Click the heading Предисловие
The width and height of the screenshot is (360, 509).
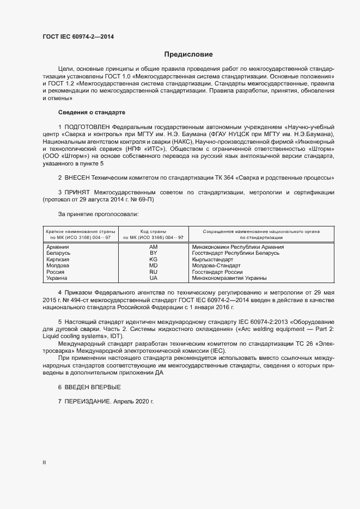click(x=188, y=54)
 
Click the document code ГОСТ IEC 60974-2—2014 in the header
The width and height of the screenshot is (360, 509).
click(x=78, y=37)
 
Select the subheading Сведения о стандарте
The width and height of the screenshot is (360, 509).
click(x=91, y=112)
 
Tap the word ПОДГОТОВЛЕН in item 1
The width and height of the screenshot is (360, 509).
click(x=90, y=126)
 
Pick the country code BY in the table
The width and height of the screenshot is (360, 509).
click(x=153, y=253)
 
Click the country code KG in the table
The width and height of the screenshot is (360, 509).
click(x=153, y=260)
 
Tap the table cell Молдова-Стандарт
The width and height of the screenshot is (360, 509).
click(x=216, y=266)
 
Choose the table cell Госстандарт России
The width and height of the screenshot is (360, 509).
click(x=217, y=272)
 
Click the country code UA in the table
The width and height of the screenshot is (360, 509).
click(x=153, y=278)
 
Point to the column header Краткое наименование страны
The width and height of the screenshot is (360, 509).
click(x=77, y=231)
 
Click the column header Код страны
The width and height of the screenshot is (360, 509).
click(x=153, y=231)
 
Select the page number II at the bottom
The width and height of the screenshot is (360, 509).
click(x=44, y=462)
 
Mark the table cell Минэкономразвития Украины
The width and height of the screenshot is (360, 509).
click(x=229, y=278)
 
